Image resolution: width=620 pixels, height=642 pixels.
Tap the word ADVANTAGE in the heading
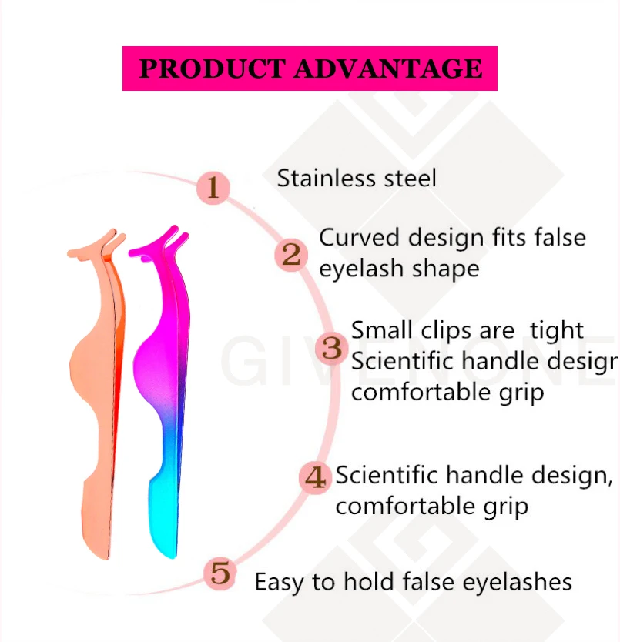coord(388,69)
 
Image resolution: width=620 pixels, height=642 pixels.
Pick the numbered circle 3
coord(331,348)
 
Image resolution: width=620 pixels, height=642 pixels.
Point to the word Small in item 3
coord(383,330)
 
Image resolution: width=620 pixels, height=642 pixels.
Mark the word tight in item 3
coord(557,331)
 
